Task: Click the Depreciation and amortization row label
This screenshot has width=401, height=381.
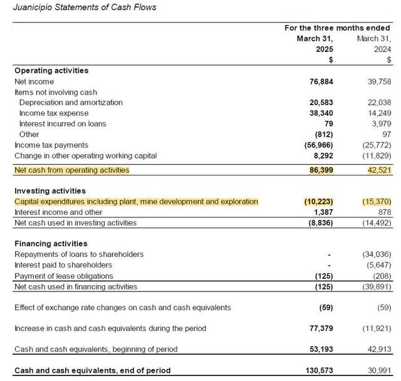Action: pyautogui.click(x=71, y=102)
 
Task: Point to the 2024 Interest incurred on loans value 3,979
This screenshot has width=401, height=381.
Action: pyautogui.click(x=380, y=123)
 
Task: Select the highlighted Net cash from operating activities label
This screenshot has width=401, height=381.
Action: pyautogui.click(x=72, y=170)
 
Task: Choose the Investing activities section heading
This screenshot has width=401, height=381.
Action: pyautogui.click(x=50, y=190)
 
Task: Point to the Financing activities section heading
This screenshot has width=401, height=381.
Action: pyautogui.click(x=51, y=243)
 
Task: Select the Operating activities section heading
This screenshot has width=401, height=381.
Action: pyautogui.click(x=51, y=71)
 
